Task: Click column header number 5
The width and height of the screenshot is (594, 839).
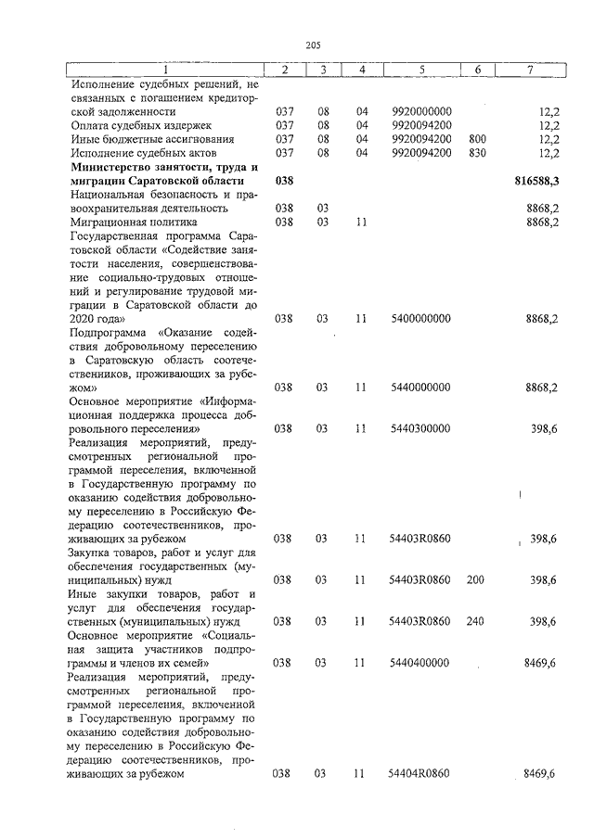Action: click(421, 70)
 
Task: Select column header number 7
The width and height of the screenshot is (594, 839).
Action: click(529, 70)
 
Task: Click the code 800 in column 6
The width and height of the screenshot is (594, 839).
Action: click(478, 138)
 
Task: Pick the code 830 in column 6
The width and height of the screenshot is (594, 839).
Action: click(478, 152)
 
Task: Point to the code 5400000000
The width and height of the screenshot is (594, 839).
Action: click(421, 318)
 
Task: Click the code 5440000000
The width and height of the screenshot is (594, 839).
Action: click(421, 387)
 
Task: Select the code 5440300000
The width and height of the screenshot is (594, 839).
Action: click(421, 428)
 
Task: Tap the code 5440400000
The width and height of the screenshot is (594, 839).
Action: click(421, 663)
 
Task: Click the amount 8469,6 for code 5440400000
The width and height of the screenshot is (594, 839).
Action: click(539, 663)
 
